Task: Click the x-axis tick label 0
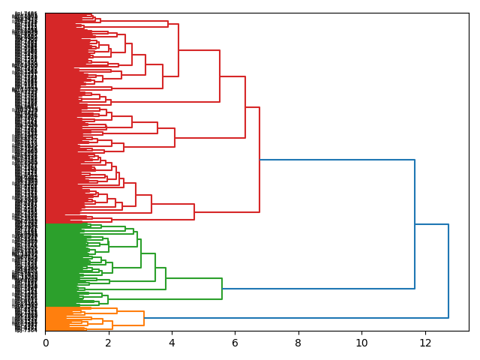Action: click(x=45, y=343)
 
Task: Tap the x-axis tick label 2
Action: click(x=109, y=343)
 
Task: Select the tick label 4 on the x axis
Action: click(x=172, y=343)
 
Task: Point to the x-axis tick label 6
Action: click(x=235, y=343)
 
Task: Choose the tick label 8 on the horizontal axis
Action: click(x=298, y=343)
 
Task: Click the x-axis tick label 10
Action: click(x=361, y=343)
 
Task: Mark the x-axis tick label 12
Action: click(x=425, y=343)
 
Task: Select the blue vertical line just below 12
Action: click(x=415, y=224)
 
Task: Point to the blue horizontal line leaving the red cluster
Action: click(x=337, y=160)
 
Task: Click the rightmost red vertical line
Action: click(x=259, y=160)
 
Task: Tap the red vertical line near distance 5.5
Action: click(x=220, y=76)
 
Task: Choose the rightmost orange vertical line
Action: click(x=144, y=318)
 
